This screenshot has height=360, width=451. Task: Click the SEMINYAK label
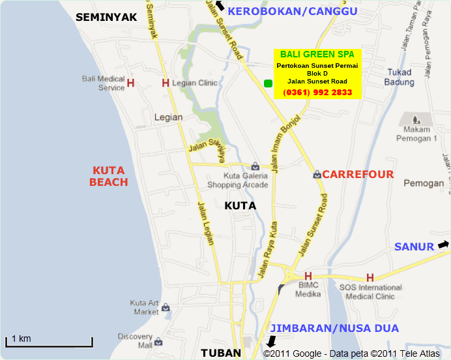tap(106, 18)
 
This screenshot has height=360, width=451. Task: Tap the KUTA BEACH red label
tap(108, 176)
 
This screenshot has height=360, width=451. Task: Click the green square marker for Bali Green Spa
tap(267, 83)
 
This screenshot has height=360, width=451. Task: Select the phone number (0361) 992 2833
tap(317, 93)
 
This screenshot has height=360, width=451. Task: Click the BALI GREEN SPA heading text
tap(317, 55)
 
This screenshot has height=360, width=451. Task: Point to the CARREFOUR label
tap(358, 174)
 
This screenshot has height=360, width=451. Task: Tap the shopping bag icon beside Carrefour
tap(316, 175)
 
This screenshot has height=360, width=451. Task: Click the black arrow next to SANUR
tap(443, 245)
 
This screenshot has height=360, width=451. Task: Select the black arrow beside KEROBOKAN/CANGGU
tap(220, 6)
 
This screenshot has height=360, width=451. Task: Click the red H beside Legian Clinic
tap(166, 83)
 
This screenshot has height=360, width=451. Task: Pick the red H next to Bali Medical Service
tap(130, 83)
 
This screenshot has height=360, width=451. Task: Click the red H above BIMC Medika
tap(308, 276)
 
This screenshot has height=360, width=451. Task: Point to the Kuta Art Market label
tap(144, 307)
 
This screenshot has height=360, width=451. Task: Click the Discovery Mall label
tap(136, 340)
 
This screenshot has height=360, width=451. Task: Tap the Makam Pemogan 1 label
tap(416, 134)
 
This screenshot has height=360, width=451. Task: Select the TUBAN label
tap(220, 353)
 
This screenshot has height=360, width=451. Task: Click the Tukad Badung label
tap(400, 77)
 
